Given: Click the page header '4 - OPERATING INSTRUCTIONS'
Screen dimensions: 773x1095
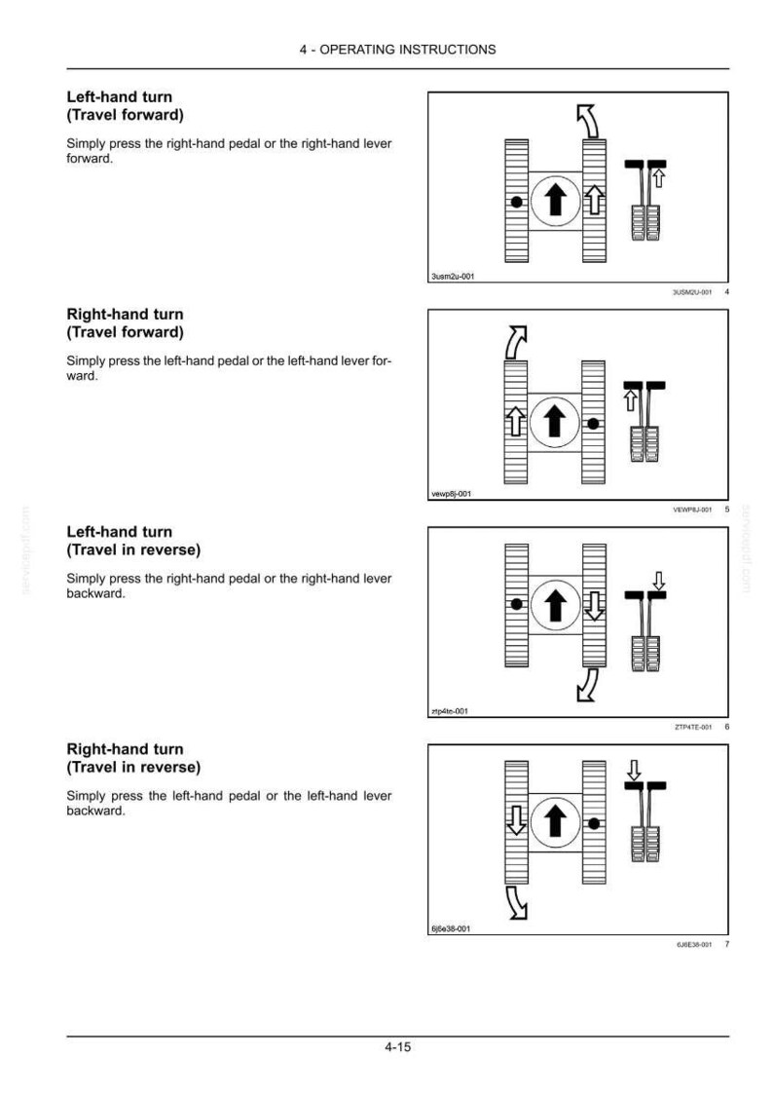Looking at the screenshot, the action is [x=397, y=50].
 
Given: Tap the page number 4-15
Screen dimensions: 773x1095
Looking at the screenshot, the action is [x=397, y=1046].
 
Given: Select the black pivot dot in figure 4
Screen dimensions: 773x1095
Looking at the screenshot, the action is [x=516, y=202].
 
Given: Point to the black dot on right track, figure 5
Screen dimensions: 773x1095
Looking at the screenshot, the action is [x=593, y=423].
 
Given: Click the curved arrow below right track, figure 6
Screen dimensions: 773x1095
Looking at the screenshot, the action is [x=588, y=685].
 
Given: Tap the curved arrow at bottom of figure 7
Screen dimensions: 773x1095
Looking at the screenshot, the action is [x=516, y=903].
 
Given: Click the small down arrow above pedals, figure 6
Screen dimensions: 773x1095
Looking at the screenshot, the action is [x=658, y=581].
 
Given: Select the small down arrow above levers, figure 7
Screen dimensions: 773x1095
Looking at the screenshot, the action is [x=634, y=771].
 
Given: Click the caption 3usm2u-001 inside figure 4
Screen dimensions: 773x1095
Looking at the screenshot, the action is [x=453, y=277].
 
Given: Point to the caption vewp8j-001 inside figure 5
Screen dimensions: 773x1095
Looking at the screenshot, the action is [x=452, y=494].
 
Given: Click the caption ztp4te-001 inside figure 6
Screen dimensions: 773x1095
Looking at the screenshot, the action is [x=450, y=711].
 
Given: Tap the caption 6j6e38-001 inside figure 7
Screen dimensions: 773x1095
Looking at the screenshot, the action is [x=452, y=928].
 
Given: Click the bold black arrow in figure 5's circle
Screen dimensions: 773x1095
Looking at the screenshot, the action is [x=555, y=422].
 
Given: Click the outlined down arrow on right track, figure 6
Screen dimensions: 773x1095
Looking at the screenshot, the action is [x=594, y=605].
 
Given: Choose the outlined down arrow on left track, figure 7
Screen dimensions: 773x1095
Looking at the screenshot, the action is [x=516, y=820].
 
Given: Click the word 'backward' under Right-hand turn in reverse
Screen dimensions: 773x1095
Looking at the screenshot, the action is [x=94, y=811].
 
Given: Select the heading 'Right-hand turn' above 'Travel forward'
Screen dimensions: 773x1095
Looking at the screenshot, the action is [x=125, y=315].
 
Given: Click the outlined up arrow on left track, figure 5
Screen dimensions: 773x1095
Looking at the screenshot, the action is [x=516, y=421].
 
